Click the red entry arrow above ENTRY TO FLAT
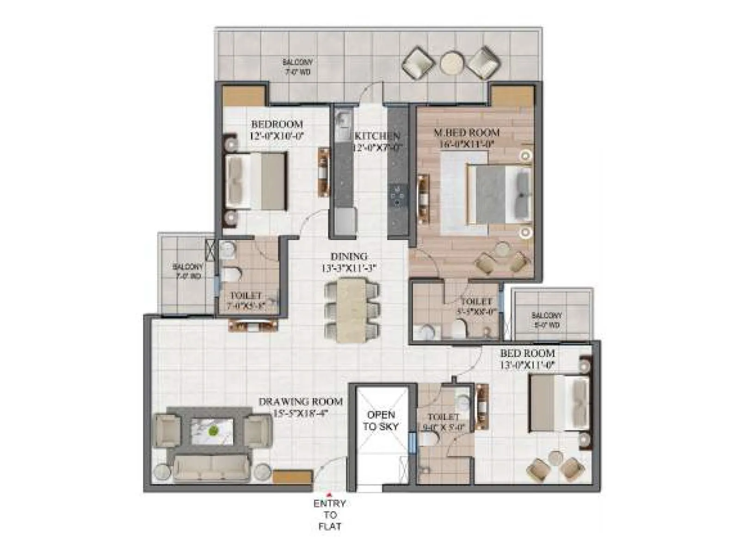click(x=329, y=494)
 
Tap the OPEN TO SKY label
click(x=381, y=420)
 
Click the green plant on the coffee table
click(x=213, y=432)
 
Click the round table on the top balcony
click(x=452, y=62)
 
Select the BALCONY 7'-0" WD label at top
click(x=297, y=67)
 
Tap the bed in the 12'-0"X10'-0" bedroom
click(x=256, y=181)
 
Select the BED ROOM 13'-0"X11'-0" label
click(x=527, y=358)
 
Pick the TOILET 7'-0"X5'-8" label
click(x=246, y=300)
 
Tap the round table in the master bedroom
click(x=502, y=251)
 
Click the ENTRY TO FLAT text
click(x=329, y=514)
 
